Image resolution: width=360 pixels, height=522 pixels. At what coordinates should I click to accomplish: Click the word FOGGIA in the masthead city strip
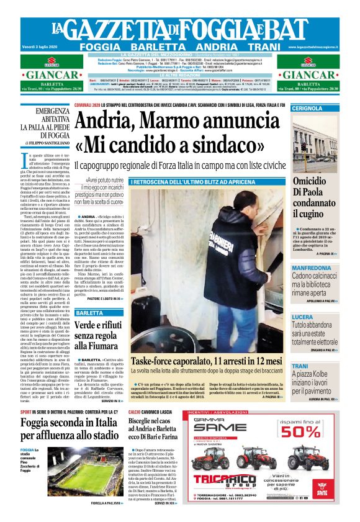[x=101, y=47]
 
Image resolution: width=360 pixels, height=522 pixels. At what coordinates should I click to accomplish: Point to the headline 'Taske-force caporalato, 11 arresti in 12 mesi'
[x=207, y=361]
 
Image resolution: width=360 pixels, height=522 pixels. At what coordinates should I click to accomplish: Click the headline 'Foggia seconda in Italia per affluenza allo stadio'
[x=71, y=428]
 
